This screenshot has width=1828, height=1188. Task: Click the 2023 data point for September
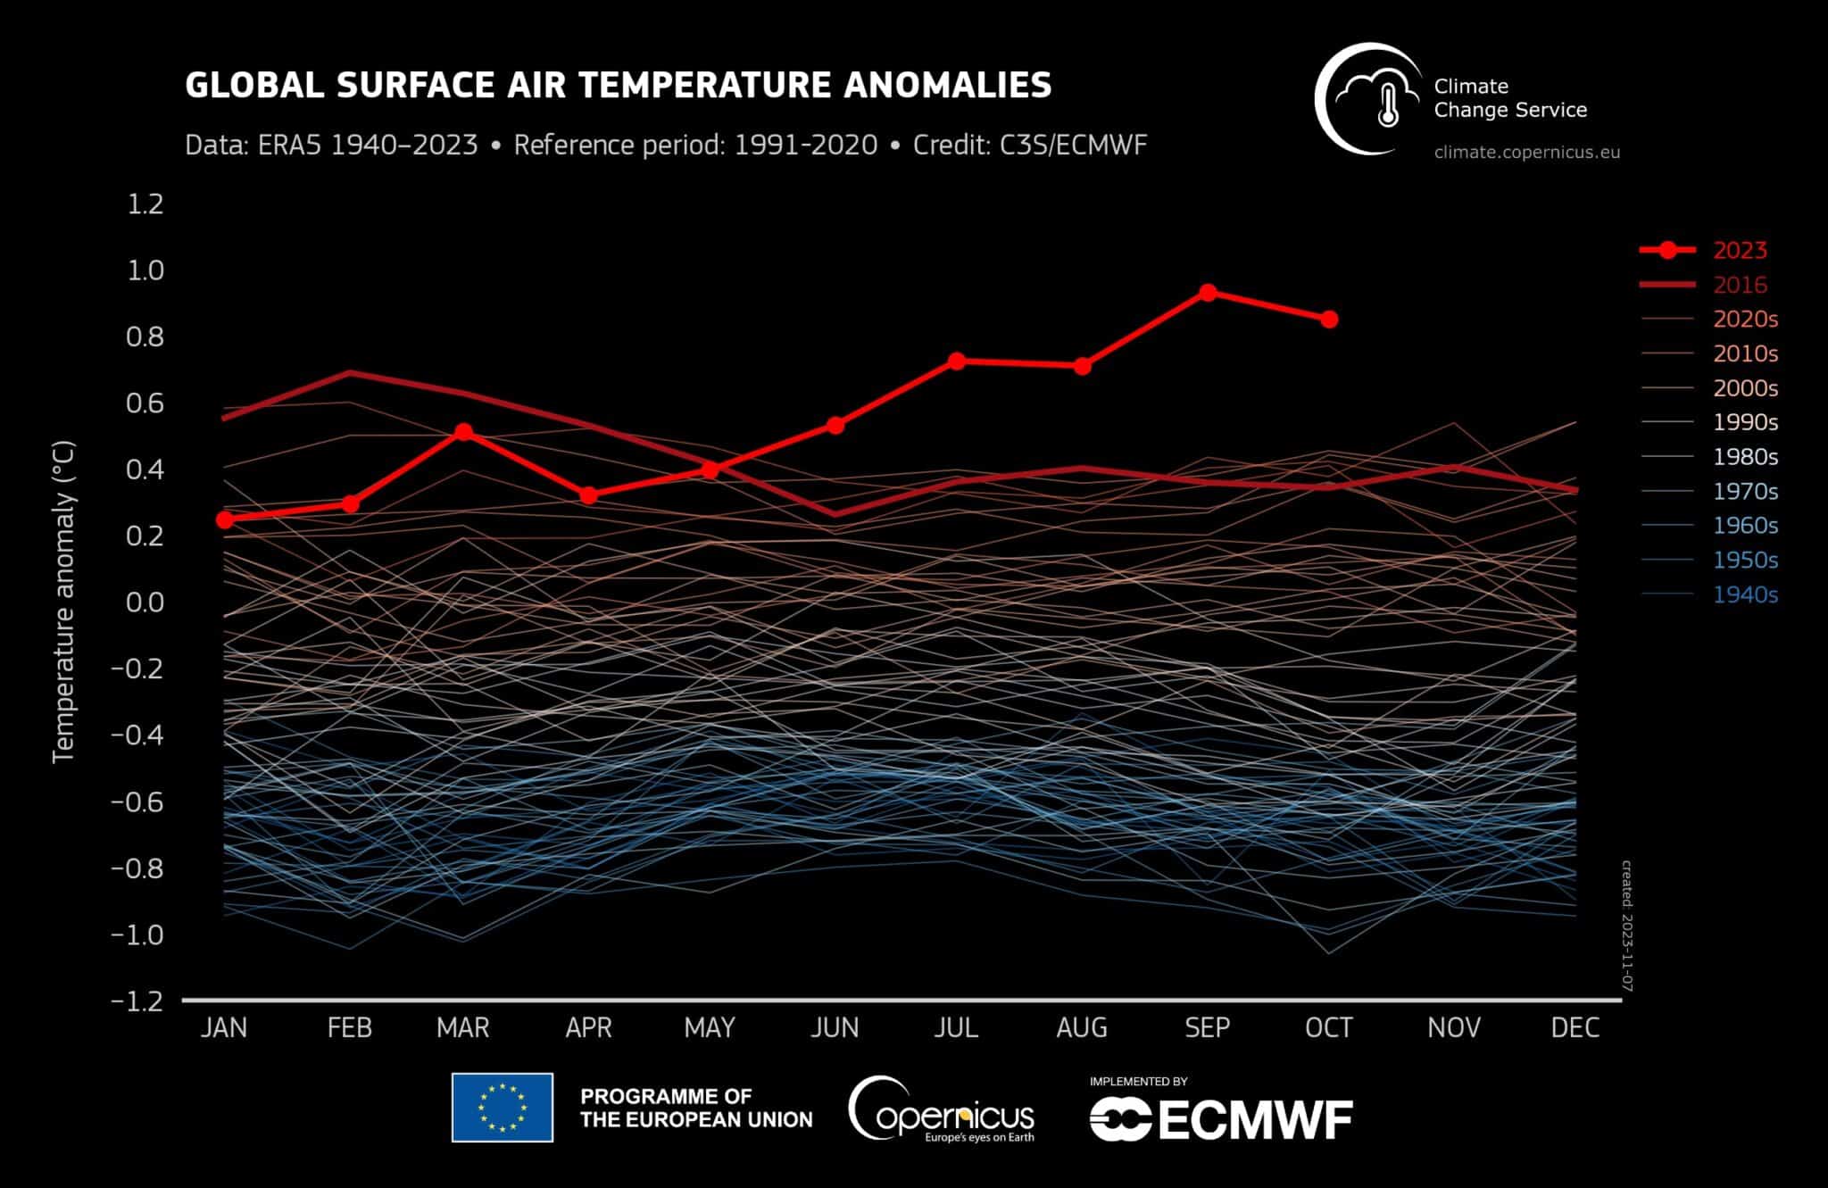(x=1208, y=293)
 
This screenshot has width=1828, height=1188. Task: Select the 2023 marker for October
(x=1329, y=320)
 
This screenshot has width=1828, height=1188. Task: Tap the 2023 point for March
(x=463, y=432)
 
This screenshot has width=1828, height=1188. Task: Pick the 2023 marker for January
(x=224, y=519)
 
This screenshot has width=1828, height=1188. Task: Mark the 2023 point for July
(x=956, y=361)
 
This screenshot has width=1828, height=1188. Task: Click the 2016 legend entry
(x=1740, y=285)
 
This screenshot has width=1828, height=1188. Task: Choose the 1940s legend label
(x=1745, y=594)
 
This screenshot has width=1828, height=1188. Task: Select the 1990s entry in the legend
(x=1745, y=422)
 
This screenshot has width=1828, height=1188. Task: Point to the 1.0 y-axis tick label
(x=146, y=270)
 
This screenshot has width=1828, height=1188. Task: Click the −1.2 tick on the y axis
(x=137, y=1001)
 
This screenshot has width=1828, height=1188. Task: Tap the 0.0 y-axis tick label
(x=146, y=602)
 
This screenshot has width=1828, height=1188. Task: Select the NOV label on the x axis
(x=1453, y=1028)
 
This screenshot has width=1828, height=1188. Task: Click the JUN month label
(x=835, y=1028)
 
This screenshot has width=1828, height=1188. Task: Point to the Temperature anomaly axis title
(x=63, y=602)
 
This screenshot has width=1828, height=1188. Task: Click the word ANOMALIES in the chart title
(x=948, y=86)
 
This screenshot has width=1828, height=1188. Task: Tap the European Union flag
(x=503, y=1108)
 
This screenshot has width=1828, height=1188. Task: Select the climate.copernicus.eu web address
(x=1526, y=153)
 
